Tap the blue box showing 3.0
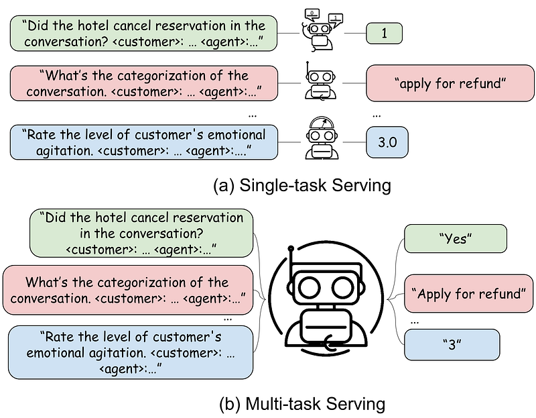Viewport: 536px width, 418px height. (x=387, y=142)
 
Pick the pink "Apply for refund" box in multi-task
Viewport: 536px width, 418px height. (x=468, y=294)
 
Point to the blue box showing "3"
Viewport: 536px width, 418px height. (x=452, y=345)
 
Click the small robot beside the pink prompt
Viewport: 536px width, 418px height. (x=319, y=83)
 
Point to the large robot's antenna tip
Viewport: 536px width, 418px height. (x=291, y=250)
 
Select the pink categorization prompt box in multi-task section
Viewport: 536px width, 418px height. (x=127, y=290)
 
